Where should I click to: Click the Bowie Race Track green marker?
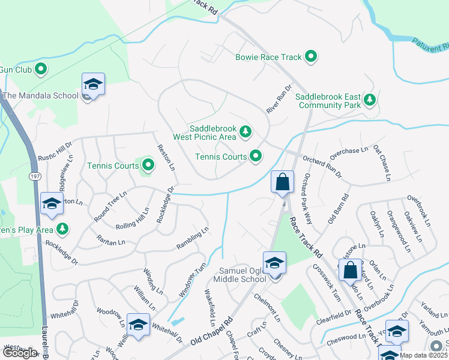(x=311, y=58)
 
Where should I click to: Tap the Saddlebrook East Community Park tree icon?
(x=370, y=100)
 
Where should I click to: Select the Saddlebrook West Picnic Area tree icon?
(x=245, y=131)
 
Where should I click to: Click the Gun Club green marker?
(x=41, y=70)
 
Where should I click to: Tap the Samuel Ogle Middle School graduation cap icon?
(x=274, y=263)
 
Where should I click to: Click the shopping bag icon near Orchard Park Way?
(x=282, y=182)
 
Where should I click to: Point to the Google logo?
(x=19, y=353)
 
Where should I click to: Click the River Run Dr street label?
(x=279, y=97)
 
